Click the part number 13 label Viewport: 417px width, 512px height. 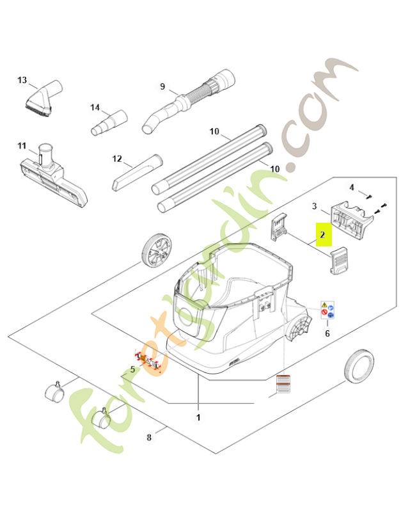(x=22, y=80)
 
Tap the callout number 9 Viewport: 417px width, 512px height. (x=162, y=86)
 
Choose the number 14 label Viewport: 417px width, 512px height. (x=95, y=107)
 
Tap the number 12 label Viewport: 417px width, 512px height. (x=116, y=158)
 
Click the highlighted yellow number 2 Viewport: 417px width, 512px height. (x=323, y=235)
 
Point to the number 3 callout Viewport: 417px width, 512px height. (x=315, y=206)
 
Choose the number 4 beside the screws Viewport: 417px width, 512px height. (x=351, y=187)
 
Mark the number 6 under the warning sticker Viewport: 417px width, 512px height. (x=327, y=333)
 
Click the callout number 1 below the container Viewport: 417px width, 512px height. (x=198, y=417)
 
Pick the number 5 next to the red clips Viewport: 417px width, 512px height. (x=132, y=369)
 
